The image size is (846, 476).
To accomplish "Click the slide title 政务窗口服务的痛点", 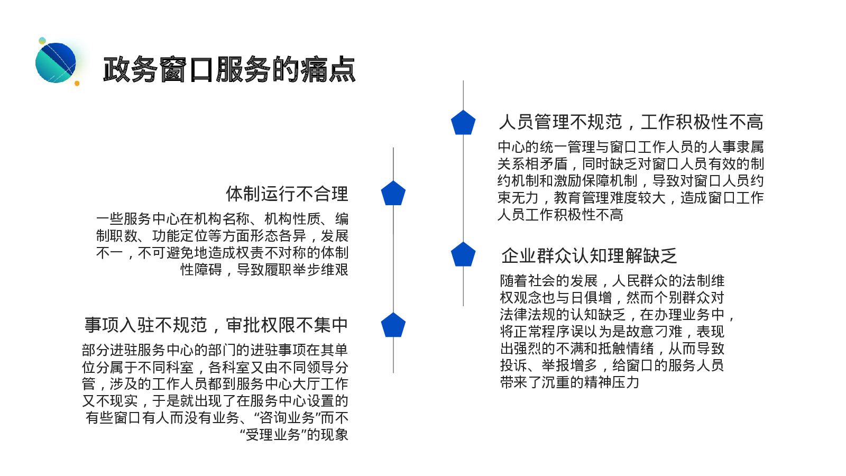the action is coord(229,69).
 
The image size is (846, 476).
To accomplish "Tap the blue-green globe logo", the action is coord(56,63).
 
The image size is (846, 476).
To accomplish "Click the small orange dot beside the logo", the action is coord(77,84).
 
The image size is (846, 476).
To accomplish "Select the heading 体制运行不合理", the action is coord(287,194).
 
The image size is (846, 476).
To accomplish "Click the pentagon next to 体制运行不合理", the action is coord(393,194).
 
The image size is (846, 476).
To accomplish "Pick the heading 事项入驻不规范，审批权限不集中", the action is coord(216,325).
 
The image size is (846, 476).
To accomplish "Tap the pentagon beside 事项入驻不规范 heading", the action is coord(393,325).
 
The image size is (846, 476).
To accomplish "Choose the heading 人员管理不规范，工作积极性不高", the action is coord(631,122).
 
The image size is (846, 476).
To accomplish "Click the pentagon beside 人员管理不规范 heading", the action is coord(463,122).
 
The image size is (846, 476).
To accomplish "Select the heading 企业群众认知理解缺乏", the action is coord(589,256).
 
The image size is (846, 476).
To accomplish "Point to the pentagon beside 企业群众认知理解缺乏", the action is coord(463,254).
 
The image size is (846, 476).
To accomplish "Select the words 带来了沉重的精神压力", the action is coord(569,382).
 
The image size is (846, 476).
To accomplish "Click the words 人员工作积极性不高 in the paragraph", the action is coord(560,215).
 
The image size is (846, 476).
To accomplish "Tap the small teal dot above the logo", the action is coord(42,41).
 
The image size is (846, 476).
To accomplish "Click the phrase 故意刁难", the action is coord(655,332).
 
